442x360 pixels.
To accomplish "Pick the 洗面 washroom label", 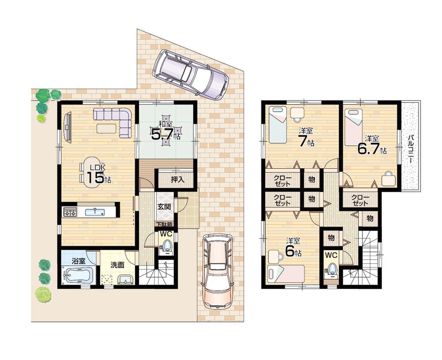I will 117,265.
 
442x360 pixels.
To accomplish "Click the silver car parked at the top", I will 190,74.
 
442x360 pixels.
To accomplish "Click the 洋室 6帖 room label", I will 293,247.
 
